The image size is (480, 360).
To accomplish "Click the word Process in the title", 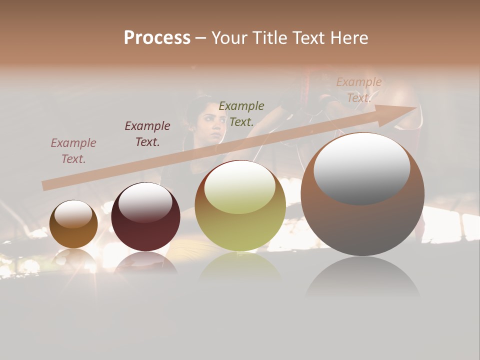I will [x=157, y=38].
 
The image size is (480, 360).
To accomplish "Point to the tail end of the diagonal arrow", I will [x=44, y=186].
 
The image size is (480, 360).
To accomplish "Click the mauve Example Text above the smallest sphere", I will [x=73, y=151].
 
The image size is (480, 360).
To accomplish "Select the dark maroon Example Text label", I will [x=147, y=134].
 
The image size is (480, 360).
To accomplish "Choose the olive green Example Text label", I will [x=241, y=113].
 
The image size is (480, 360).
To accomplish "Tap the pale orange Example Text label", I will [x=358, y=90].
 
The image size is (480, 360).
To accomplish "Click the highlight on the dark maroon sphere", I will [x=145, y=202].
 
